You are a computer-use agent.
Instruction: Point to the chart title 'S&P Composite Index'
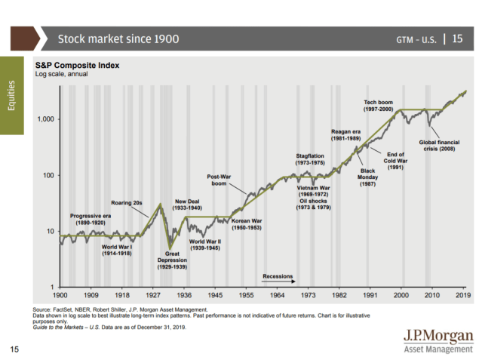[x=76, y=66]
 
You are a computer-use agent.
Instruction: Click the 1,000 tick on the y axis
[x=45, y=119]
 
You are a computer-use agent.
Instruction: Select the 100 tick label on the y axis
[x=48, y=175]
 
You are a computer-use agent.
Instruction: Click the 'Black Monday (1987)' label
[x=367, y=177]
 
